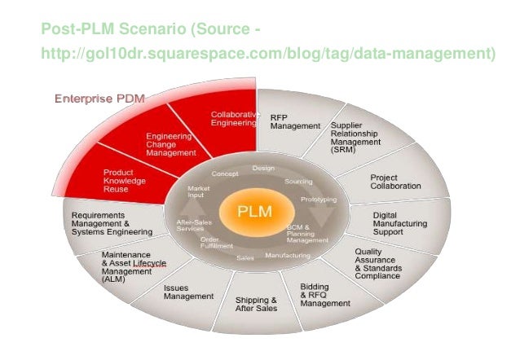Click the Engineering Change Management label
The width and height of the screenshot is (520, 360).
[171, 144]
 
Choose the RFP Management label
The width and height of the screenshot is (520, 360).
[295, 122]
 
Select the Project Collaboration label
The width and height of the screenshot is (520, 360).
[395, 181]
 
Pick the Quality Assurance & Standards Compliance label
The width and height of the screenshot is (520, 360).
[377, 263]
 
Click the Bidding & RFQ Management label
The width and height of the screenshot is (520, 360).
[325, 295]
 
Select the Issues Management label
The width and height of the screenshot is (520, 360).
[188, 292]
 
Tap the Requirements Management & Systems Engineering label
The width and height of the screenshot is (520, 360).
[112, 224]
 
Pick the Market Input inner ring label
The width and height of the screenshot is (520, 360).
[199, 192]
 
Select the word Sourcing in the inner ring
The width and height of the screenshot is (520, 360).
[298, 182]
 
